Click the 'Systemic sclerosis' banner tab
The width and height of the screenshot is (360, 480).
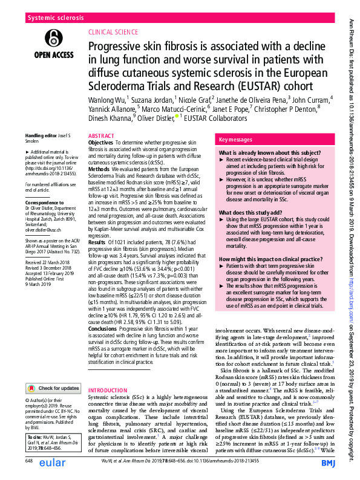pos(55,19)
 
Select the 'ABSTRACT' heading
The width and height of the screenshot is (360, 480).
pos(100,137)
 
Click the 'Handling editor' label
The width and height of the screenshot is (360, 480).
pos(41,136)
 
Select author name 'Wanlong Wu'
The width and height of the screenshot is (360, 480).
pos(106,99)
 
